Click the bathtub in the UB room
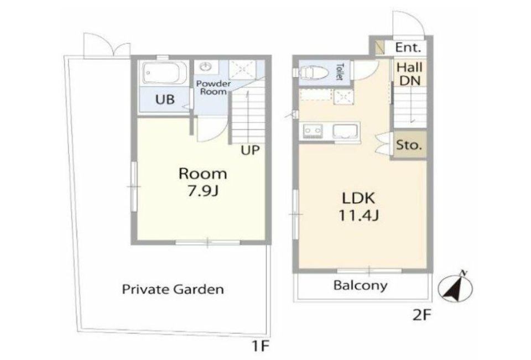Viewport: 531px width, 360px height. click(x=165, y=72)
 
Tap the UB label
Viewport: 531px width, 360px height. click(x=165, y=99)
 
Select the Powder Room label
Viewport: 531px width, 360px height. click(x=214, y=88)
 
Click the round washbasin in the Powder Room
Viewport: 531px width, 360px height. click(x=205, y=67)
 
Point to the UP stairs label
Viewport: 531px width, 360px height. click(x=250, y=150)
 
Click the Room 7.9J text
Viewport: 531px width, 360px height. click(x=203, y=182)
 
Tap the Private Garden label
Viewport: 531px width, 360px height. click(x=173, y=290)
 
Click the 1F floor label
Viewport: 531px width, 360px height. click(x=260, y=346)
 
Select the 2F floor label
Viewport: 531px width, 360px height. click(x=422, y=316)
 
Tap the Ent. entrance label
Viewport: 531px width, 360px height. click(x=408, y=48)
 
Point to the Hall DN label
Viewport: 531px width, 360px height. click(x=410, y=74)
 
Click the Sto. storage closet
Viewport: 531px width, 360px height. click(x=409, y=145)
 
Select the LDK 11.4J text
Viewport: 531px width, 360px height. click(x=358, y=206)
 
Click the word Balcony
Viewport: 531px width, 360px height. click(x=360, y=285)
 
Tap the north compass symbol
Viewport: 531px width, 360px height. click(x=455, y=288)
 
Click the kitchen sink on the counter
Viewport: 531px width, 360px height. click(x=345, y=131)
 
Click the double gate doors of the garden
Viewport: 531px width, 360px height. click(x=107, y=46)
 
